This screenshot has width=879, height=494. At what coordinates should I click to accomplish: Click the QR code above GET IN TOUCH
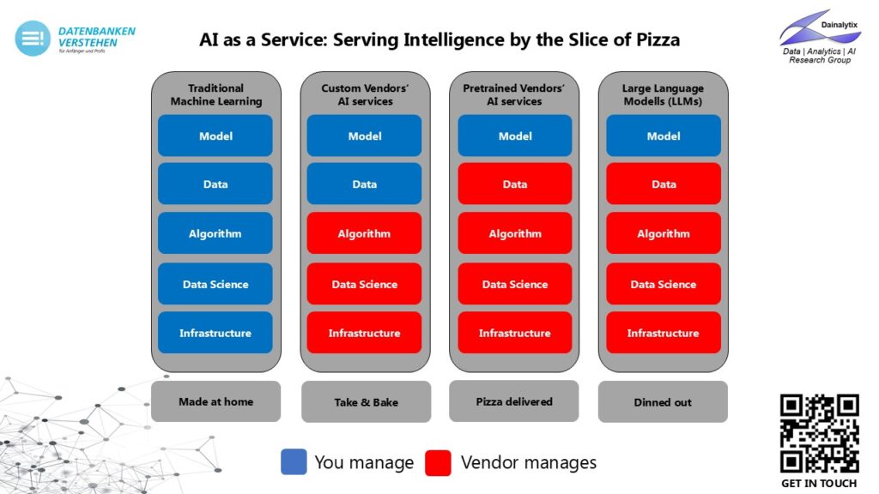click(x=819, y=433)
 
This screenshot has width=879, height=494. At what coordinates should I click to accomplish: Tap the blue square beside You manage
click(x=294, y=462)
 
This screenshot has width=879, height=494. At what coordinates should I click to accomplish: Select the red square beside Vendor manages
click(x=438, y=462)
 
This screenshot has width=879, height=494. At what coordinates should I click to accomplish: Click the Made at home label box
click(x=215, y=401)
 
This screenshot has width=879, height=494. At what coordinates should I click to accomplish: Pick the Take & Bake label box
click(x=366, y=402)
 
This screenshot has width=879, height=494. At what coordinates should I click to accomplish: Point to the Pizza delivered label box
click(x=513, y=401)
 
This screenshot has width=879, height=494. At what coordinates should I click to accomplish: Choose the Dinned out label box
click(x=663, y=402)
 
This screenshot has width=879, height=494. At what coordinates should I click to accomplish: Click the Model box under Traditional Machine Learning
click(x=215, y=136)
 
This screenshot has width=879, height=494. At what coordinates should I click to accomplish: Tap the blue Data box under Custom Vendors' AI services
click(x=364, y=184)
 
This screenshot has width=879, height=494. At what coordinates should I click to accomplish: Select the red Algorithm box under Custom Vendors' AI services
click(x=364, y=233)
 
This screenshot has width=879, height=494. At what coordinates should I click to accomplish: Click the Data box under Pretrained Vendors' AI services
click(x=514, y=184)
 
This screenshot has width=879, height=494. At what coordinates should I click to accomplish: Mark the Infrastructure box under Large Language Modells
click(x=663, y=333)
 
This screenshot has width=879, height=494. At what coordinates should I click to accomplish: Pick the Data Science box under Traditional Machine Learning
click(x=215, y=284)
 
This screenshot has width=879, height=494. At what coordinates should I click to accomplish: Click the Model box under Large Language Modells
click(x=663, y=136)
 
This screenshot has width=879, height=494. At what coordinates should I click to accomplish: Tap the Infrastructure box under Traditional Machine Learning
click(x=215, y=333)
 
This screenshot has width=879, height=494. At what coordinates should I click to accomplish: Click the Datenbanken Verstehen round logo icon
click(x=32, y=39)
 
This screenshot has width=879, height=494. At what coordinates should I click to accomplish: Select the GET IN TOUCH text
click(x=819, y=483)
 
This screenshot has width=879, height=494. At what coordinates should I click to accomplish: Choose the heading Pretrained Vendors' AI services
click(x=514, y=94)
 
